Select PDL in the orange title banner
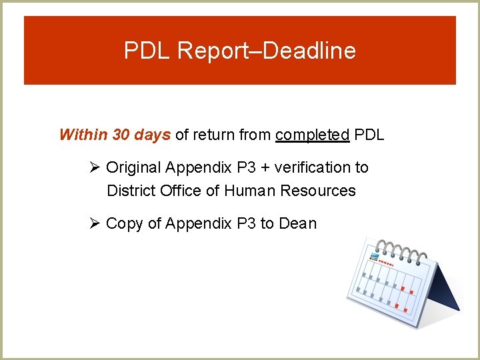tap(147, 51)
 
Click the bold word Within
tap(83, 135)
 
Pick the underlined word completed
tap(312, 135)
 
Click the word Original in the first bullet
tap(133, 167)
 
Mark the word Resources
tap(318, 191)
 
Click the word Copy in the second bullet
tap(124, 223)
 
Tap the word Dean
tap(298, 223)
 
